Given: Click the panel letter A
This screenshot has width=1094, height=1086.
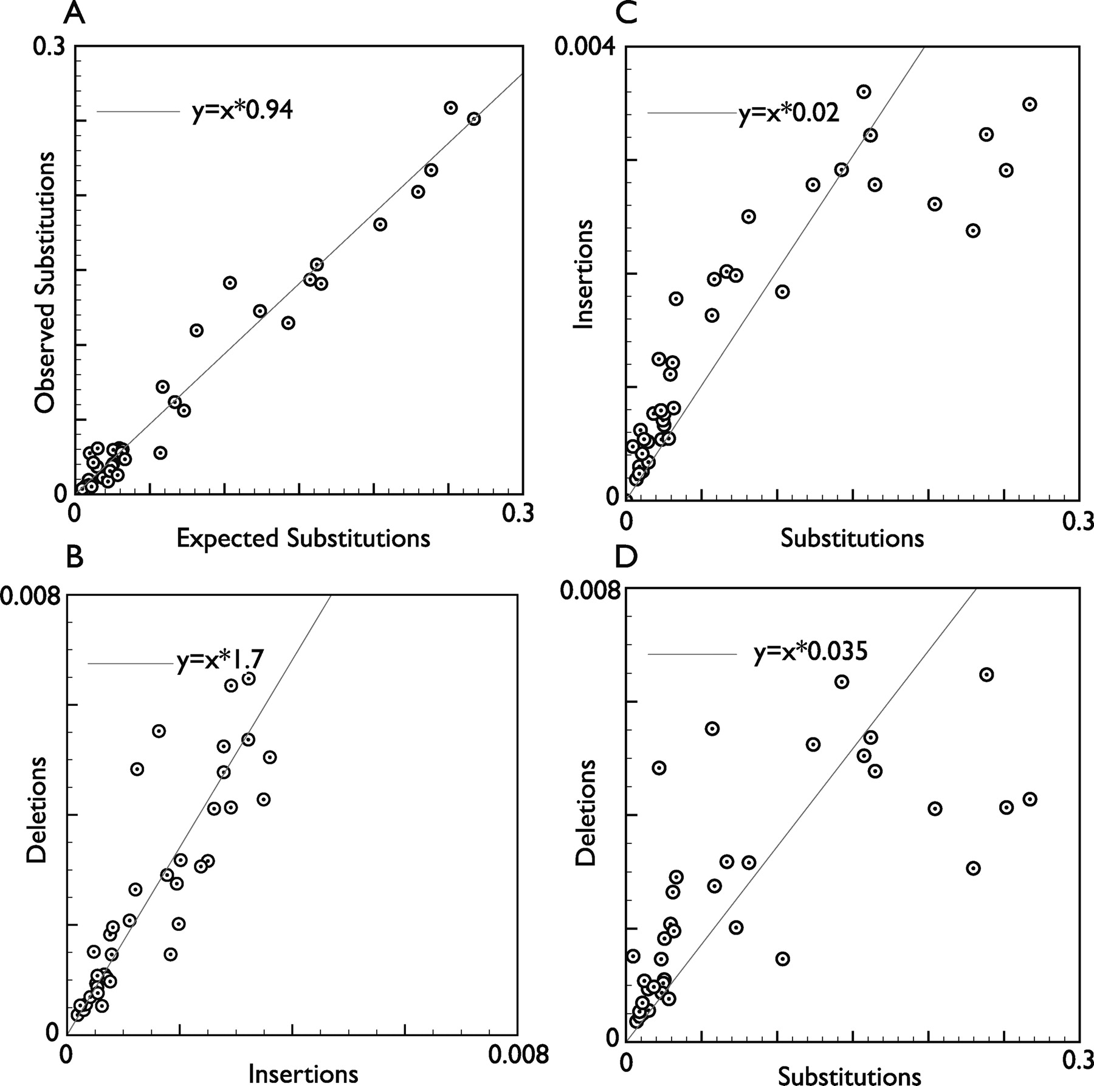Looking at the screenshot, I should [x=74, y=13].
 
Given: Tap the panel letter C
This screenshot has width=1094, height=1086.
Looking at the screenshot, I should [x=627, y=13].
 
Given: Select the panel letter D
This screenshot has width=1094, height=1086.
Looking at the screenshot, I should [x=627, y=557].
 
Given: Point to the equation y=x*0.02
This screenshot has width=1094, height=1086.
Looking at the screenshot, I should [x=789, y=114].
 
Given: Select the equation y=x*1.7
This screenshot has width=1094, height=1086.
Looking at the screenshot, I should [x=220, y=662].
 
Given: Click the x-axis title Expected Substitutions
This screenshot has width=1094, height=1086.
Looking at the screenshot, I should [x=303, y=538].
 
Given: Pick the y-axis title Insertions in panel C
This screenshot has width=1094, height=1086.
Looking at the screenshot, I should [x=585, y=274].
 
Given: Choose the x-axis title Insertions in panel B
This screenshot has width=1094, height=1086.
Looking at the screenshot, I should [x=303, y=1074].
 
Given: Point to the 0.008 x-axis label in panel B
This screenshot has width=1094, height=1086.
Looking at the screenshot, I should [x=518, y=1055].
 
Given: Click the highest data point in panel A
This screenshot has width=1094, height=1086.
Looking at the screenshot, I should [x=450, y=108].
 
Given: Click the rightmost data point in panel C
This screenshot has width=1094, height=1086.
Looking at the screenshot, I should [x=1030, y=104].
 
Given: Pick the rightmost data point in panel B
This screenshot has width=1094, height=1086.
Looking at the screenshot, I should [x=270, y=757].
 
